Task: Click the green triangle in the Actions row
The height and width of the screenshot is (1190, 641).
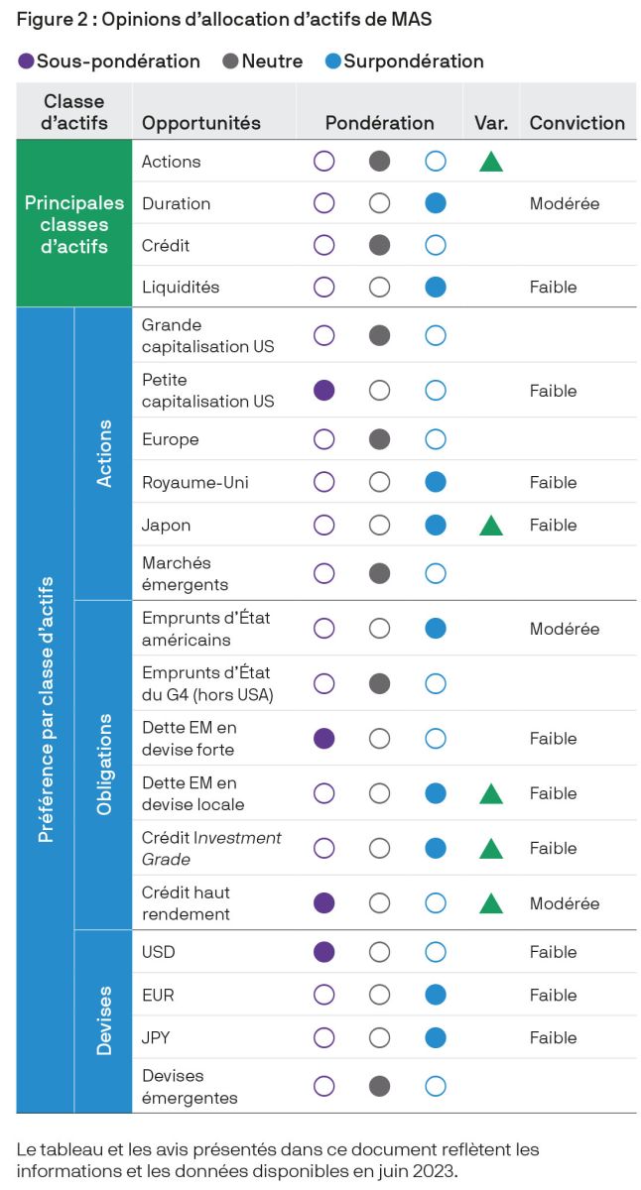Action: coord(490,162)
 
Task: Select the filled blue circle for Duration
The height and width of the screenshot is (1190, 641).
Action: coord(435,203)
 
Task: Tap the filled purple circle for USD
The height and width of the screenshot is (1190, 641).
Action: coord(323,952)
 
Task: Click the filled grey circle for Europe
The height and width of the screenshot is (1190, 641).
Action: coord(379,439)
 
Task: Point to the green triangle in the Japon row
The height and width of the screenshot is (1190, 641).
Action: coord(490,526)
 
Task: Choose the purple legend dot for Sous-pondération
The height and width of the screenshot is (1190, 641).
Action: coord(26,61)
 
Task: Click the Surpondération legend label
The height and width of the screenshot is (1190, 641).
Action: coord(414,61)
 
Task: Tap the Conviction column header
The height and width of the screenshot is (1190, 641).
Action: coord(577,123)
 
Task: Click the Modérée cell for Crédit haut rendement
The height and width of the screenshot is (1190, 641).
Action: coord(564,903)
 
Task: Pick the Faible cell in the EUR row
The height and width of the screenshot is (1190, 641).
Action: coord(553,995)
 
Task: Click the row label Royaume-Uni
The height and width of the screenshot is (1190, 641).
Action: coord(194,483)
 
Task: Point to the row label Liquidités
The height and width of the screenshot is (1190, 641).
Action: coord(181,287)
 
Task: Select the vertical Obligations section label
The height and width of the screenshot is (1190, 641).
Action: coord(104,765)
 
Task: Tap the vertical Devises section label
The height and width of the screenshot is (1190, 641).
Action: coord(104,1020)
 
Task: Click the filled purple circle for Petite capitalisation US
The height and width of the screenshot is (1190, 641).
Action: coord(323,391)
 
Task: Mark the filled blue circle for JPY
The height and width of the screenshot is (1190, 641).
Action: coord(435,1038)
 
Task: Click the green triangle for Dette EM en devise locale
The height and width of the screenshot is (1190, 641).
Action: coord(490,793)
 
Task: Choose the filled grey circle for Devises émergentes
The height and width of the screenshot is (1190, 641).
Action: coord(379,1086)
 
